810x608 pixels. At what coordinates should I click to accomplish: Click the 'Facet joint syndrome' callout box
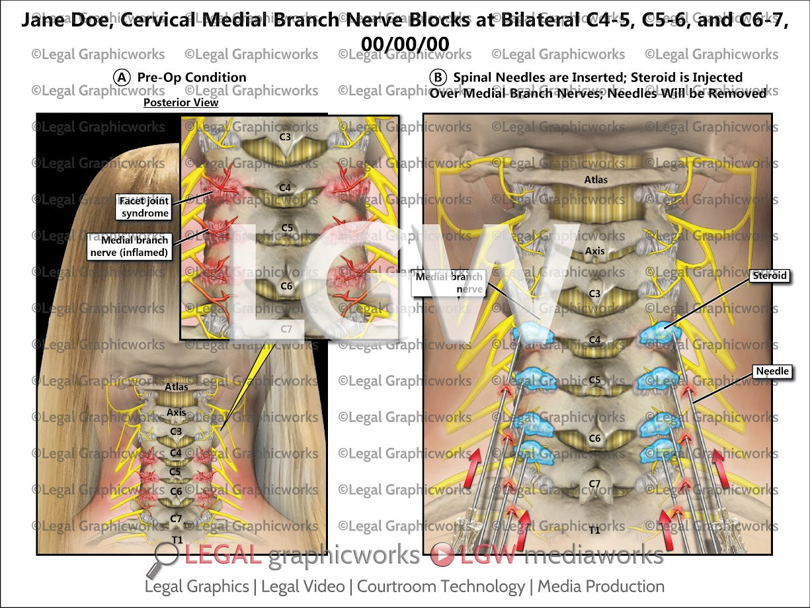145,206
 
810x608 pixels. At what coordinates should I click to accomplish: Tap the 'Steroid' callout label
770,275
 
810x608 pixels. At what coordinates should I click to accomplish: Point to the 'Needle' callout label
773,371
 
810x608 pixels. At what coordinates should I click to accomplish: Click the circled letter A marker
122,77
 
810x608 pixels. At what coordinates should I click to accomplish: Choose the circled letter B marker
438,77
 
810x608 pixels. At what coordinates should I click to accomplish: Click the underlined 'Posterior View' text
181,103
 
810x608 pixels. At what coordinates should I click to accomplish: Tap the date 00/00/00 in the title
405,43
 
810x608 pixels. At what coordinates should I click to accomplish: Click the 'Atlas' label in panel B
595,179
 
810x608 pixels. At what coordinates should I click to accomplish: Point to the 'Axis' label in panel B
594,251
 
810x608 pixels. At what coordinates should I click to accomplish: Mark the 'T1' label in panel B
594,529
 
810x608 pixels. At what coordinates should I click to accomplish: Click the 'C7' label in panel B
594,484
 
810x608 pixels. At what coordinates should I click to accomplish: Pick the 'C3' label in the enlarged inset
285,137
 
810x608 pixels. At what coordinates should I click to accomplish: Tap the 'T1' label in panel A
177,540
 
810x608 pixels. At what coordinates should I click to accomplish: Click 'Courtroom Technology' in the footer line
440,586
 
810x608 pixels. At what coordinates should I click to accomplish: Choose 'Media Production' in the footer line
600,586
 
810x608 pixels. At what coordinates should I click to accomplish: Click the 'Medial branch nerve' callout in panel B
448,282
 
